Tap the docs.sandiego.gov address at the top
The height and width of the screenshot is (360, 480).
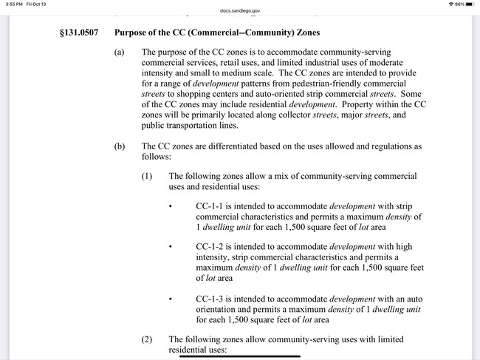click(239, 11)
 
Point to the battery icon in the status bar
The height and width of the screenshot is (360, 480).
click(471, 4)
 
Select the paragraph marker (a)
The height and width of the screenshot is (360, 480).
click(120, 52)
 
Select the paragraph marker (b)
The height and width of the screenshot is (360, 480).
click(120, 146)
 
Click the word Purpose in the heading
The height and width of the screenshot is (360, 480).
click(134, 33)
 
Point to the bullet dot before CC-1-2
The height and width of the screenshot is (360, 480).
click(171, 246)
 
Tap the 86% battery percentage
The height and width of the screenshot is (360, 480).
click(460, 4)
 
